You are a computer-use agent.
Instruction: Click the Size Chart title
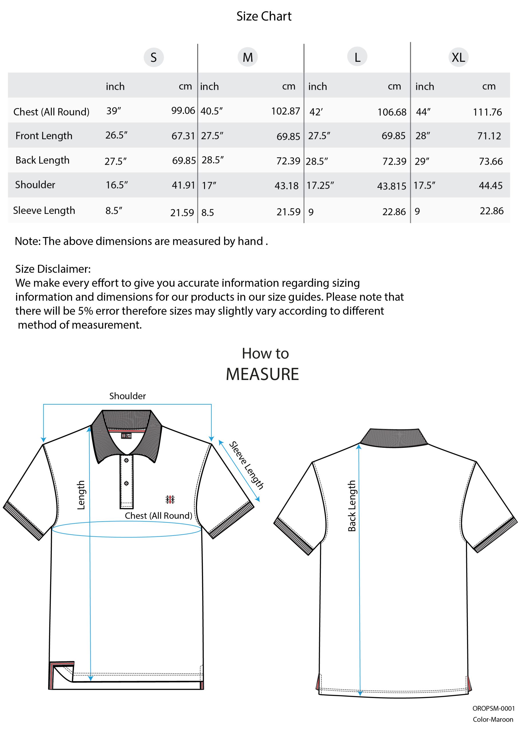[264, 16]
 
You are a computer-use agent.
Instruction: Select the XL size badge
[458, 57]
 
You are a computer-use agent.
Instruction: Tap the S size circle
[153, 57]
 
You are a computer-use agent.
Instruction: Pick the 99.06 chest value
[183, 111]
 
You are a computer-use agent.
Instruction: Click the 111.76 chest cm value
[487, 112]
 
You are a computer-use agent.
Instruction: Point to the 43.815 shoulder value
[391, 186]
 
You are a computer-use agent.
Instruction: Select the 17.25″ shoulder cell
[320, 186]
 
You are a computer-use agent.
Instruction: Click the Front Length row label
[44, 136]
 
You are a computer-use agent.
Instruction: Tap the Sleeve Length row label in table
[44, 210]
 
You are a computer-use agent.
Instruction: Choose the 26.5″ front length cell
[116, 135]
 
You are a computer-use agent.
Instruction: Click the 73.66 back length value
[491, 161]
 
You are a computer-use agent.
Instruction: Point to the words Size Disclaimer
[53, 269]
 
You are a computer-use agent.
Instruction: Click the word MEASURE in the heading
[262, 374]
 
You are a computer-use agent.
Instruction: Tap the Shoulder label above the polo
[127, 396]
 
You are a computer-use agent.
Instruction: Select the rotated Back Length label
[351, 506]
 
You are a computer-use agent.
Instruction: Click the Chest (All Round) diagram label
[158, 516]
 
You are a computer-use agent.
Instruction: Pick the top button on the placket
[126, 460]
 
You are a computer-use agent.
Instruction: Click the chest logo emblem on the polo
[170, 499]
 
